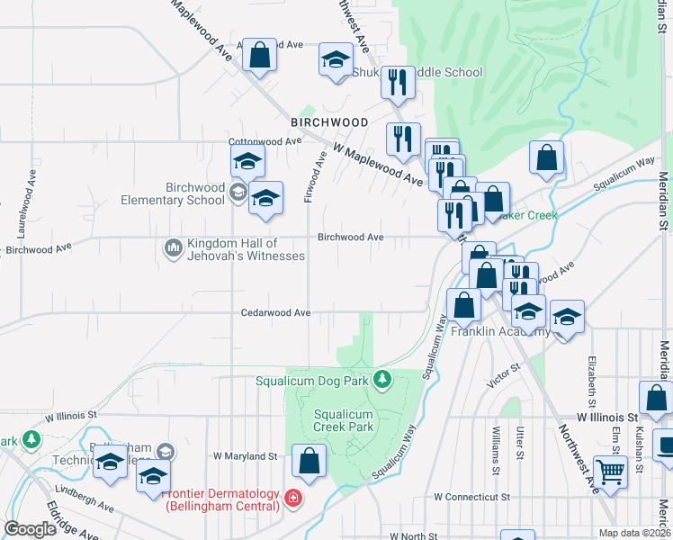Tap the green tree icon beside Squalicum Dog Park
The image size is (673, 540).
coord(383,380)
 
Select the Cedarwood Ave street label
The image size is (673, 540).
coord(275,313)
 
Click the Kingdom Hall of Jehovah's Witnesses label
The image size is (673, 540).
coord(245,249)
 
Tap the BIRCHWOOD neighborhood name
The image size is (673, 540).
coord(328,121)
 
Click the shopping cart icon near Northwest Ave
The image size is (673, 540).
coord(611,470)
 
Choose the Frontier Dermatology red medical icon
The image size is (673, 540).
coord(292,498)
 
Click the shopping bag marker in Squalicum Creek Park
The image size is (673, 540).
coord(309,460)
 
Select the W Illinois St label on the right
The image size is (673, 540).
coord(607,418)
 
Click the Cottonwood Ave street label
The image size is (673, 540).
coord(265,142)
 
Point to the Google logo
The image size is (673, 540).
coord(31,528)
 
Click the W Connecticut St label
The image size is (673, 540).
coord(471,497)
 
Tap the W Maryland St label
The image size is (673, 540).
coord(244,456)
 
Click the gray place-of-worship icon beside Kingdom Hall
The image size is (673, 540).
coord(173,247)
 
